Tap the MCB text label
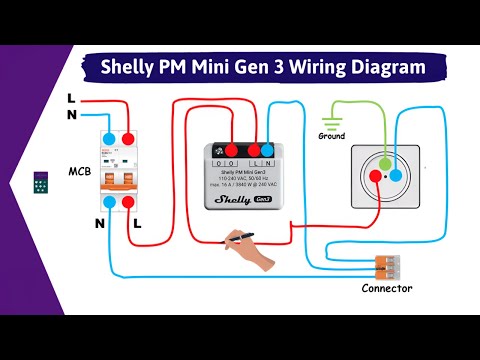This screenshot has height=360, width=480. pos(80,171)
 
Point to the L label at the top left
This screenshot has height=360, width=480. pos(70,98)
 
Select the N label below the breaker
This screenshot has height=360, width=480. pos(100,223)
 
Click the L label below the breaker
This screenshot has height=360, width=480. pos(137,223)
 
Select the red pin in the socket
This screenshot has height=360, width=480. pos(374,174)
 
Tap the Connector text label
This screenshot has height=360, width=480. pos(386,288)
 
